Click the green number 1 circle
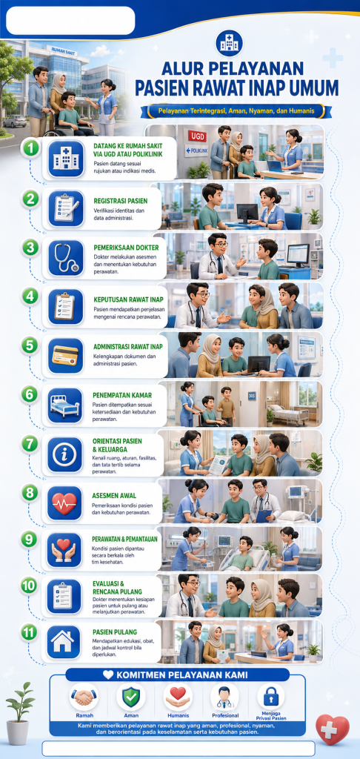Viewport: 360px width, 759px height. [31, 148]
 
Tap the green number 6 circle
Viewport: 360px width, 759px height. [30, 394]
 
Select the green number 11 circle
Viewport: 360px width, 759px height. [30, 632]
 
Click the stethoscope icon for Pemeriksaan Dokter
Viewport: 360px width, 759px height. [65, 257]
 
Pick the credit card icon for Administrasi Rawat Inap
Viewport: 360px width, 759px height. [65, 356]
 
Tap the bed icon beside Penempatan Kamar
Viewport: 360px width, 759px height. [65, 405]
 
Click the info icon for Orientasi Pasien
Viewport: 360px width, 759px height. [65, 454]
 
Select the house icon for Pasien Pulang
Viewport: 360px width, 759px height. [64, 642]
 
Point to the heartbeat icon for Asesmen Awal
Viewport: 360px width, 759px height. [65, 503]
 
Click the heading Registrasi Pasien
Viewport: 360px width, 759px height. [120, 200]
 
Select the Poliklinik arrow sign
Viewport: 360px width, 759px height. [196, 150]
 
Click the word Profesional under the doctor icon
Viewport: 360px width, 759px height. [225, 715]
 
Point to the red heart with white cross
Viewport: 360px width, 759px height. [332, 729]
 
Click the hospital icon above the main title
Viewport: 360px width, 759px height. [230, 44]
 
